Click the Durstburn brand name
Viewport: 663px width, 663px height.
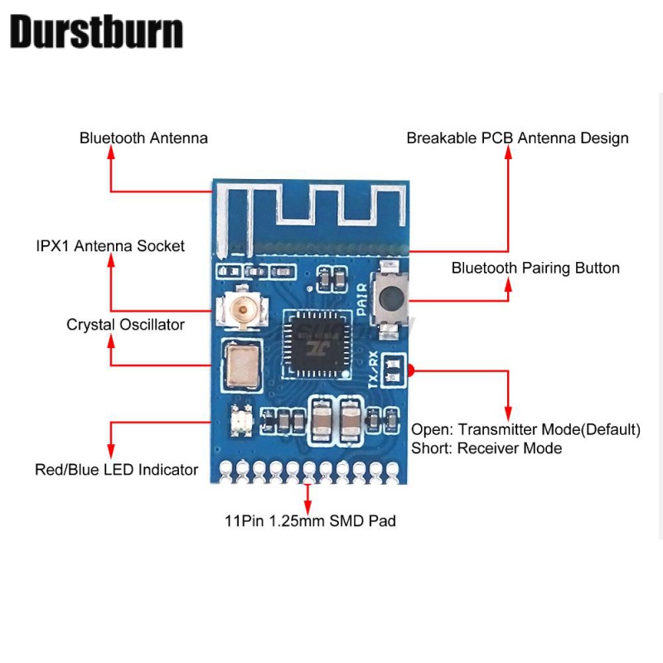tap(96, 32)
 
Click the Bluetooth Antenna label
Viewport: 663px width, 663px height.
tap(143, 138)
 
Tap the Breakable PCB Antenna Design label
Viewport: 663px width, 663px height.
tap(517, 138)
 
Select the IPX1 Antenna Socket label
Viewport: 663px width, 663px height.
tap(110, 246)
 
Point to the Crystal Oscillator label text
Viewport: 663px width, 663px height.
tap(125, 325)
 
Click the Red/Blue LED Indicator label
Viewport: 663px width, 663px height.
tap(116, 470)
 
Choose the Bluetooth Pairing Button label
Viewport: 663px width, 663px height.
tap(535, 268)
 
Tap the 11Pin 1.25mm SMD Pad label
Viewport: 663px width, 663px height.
tap(310, 521)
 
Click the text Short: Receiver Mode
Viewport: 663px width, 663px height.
tap(486, 448)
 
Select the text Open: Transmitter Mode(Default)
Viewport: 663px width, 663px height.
tap(526, 429)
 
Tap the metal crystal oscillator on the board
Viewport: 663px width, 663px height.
tap(240, 365)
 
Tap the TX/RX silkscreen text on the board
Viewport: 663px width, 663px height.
tap(374, 370)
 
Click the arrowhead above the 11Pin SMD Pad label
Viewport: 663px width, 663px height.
tap(308, 487)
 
